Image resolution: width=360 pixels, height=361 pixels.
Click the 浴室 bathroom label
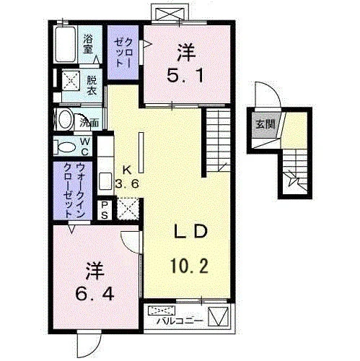(88, 44)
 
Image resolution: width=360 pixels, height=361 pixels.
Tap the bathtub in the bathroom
(65, 44)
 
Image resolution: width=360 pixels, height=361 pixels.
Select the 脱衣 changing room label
(92, 84)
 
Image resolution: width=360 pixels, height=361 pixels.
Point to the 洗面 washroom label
(89, 123)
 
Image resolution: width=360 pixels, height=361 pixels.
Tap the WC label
(85, 147)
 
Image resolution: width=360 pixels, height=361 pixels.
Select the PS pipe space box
(105, 210)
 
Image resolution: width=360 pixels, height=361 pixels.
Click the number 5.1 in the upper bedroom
(185, 75)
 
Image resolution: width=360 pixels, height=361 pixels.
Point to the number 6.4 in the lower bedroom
(95, 294)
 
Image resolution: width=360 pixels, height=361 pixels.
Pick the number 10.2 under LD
(189, 265)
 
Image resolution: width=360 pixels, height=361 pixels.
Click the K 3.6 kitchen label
(127, 177)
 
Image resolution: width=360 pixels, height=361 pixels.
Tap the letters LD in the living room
(190, 231)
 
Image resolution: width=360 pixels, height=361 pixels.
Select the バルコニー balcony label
(180, 321)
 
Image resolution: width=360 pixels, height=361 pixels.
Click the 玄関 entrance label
(265, 124)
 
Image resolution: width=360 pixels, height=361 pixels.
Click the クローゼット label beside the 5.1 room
(123, 53)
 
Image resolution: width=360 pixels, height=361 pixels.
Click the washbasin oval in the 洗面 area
(66, 119)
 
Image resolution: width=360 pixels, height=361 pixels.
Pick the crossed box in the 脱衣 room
(71, 80)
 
